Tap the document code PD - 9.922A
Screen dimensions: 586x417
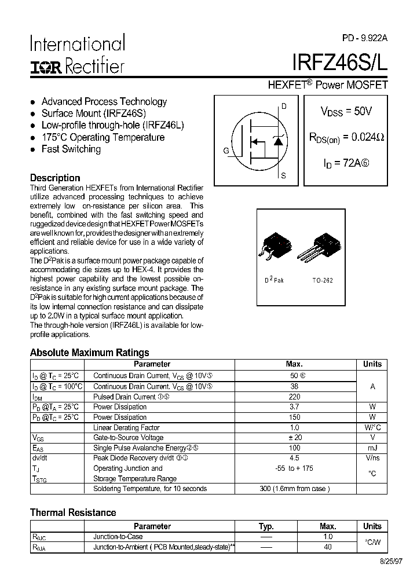click(x=364, y=38)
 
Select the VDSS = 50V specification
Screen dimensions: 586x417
click(x=346, y=112)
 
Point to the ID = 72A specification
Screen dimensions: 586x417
click(x=346, y=163)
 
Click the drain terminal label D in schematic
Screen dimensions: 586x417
click(x=284, y=106)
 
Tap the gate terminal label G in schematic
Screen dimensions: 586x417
click(x=226, y=151)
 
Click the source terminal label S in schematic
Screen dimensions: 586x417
click(x=283, y=175)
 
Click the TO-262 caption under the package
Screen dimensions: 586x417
click(x=323, y=280)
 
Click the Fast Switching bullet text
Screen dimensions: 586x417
click(x=71, y=149)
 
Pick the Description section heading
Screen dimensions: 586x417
click(x=55, y=178)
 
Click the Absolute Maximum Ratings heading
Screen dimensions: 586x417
click(x=89, y=353)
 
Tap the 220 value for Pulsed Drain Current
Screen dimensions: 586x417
click(x=294, y=397)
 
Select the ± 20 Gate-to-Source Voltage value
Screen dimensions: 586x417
click(x=294, y=438)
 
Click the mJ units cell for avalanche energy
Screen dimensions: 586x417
click(x=372, y=448)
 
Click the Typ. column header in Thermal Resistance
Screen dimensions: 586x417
click(x=266, y=526)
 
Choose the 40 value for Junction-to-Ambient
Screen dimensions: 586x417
click(x=328, y=547)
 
